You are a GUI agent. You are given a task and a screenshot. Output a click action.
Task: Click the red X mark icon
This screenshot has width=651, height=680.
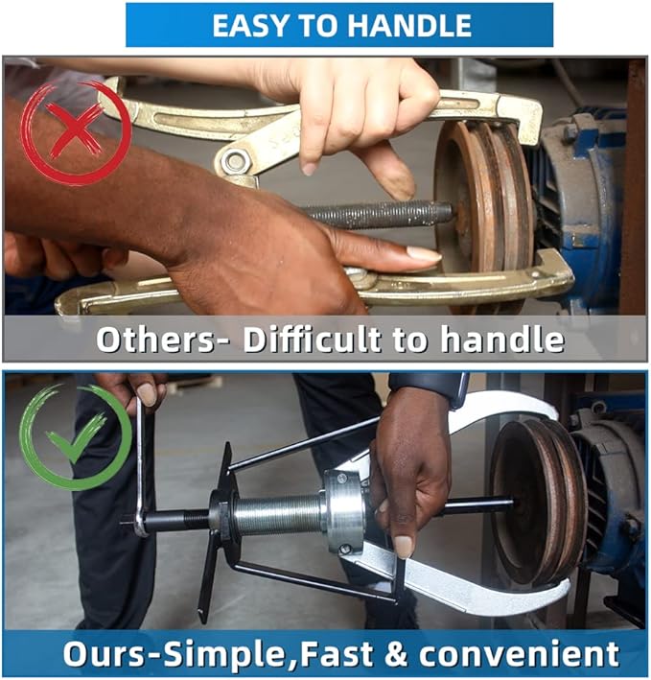click(x=75, y=133)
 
